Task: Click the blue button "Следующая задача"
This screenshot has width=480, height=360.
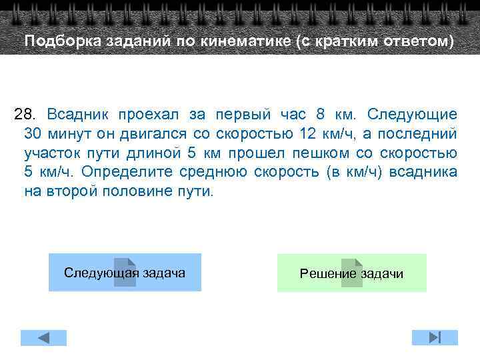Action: click(125, 272)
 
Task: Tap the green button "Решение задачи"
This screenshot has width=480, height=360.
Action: click(351, 273)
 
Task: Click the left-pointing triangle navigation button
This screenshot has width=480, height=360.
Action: click(43, 337)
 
